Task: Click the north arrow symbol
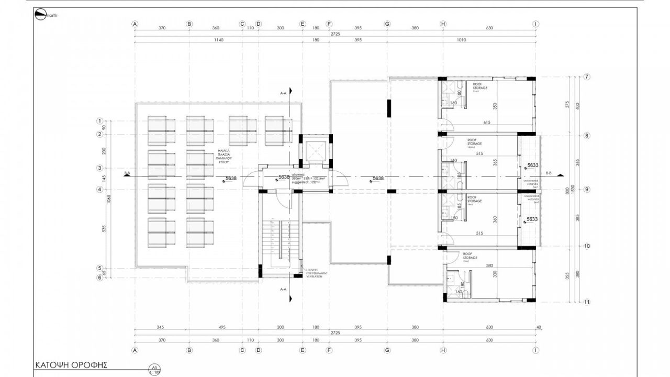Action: (x=40, y=15)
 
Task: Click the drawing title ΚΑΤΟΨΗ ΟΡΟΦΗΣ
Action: (x=71, y=365)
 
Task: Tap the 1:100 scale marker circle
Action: (x=154, y=369)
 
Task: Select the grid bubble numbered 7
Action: (x=587, y=77)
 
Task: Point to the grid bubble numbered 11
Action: (x=587, y=302)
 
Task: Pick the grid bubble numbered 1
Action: (x=99, y=121)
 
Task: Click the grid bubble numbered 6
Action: (x=99, y=278)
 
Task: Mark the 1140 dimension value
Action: (x=216, y=40)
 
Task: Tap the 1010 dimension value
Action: (x=461, y=40)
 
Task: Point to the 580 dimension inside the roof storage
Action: (x=489, y=266)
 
